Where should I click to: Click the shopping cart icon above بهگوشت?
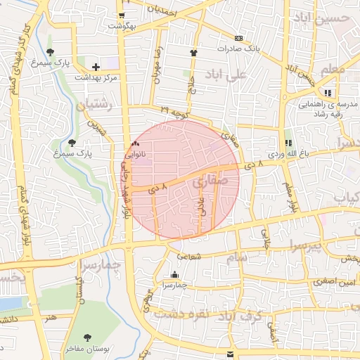coord(122,15)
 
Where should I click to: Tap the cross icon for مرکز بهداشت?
coord(96,66)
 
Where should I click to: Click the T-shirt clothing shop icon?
coord(193,52)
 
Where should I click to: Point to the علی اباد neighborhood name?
coord(226,73)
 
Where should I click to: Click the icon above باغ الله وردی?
coord(287,142)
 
